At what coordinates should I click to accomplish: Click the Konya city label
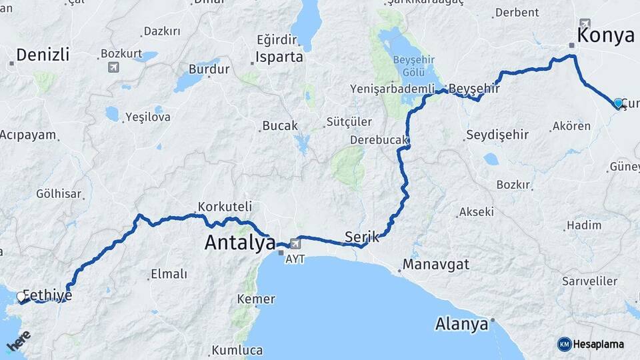pyautogui.click(x=605, y=35)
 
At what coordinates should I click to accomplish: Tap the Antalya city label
pyautogui.click(x=240, y=243)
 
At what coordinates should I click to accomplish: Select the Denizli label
pyautogui.click(x=43, y=55)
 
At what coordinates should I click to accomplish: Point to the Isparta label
pyautogui.click(x=279, y=57)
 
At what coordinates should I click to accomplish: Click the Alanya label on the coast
pyautogui.click(x=461, y=325)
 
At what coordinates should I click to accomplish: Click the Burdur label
pyautogui.click(x=204, y=69)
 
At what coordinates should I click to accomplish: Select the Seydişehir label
pyautogui.click(x=497, y=135)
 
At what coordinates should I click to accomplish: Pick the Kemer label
pyautogui.click(x=256, y=299)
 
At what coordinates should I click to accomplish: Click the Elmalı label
pyautogui.click(x=169, y=273)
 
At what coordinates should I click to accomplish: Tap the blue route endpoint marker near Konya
pyautogui.click(x=618, y=103)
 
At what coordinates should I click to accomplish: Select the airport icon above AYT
pyautogui.click(x=295, y=245)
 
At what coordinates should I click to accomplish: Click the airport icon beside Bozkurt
pyautogui.click(x=113, y=67)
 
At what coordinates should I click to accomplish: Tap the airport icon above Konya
pyautogui.click(x=585, y=23)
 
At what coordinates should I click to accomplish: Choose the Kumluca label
pyautogui.click(x=237, y=350)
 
